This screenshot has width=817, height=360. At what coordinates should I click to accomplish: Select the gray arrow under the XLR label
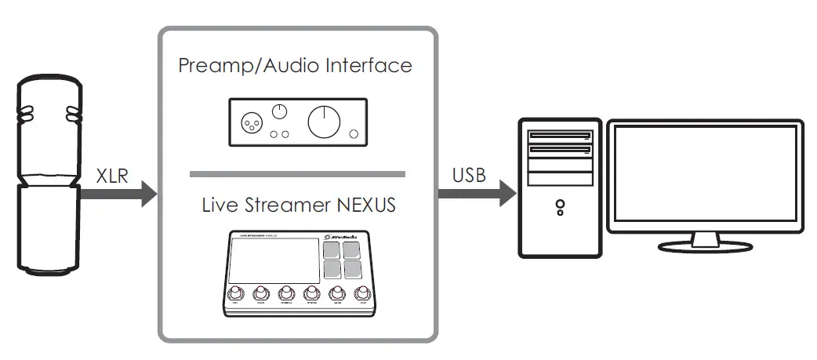coord(118,193)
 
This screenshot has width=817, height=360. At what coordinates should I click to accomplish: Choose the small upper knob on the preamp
coord(280,112)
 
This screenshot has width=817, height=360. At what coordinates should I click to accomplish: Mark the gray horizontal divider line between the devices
coord(297,173)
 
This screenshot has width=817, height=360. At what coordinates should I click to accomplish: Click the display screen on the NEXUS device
coord(274,262)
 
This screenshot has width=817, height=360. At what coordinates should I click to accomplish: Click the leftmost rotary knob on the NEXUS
coord(234,295)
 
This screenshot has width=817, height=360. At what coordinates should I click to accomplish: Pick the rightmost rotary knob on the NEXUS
coord(361,295)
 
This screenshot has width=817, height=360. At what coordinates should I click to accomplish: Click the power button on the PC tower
coord(560,205)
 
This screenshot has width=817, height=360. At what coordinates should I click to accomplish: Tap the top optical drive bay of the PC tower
coord(560,133)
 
